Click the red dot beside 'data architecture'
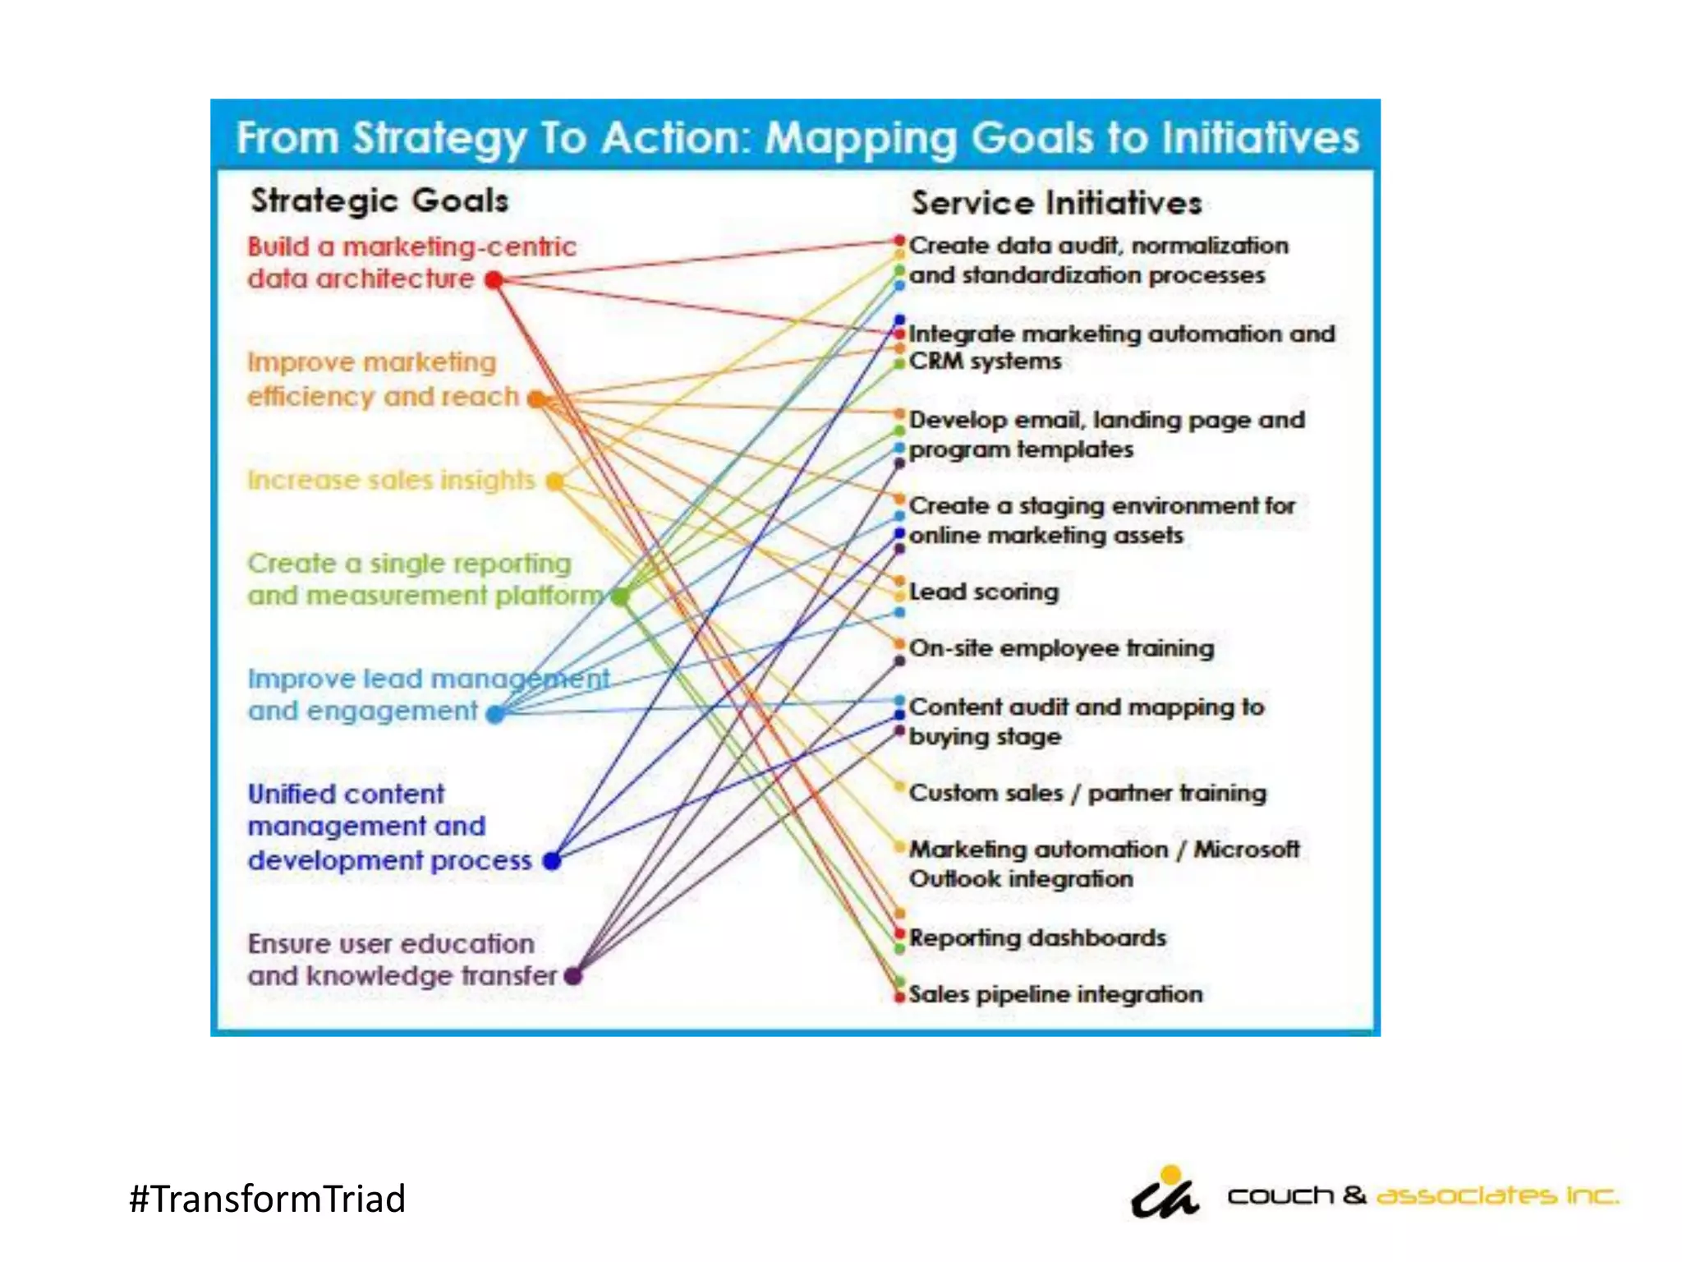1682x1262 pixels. (x=494, y=280)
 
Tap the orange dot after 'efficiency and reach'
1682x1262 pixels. (x=536, y=399)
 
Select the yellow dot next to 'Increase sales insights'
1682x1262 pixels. (x=556, y=481)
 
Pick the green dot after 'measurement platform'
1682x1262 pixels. (x=621, y=596)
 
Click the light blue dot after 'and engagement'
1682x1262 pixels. (x=495, y=714)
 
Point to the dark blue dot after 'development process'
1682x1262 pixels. (x=552, y=861)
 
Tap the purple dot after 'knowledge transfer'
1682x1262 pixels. (x=573, y=976)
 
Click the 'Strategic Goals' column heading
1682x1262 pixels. (x=379, y=201)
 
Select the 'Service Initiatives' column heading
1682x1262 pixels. (x=1056, y=204)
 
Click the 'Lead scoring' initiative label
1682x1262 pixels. (x=984, y=592)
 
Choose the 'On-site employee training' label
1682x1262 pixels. (x=1061, y=648)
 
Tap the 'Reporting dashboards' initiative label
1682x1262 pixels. (x=1037, y=938)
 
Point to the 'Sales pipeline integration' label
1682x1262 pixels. (x=1055, y=995)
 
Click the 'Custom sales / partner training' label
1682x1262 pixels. (x=1087, y=794)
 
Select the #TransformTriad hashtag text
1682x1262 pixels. (x=268, y=1199)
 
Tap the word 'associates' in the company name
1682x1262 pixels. (x=1466, y=1196)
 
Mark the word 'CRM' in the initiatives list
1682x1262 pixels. (x=935, y=362)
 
